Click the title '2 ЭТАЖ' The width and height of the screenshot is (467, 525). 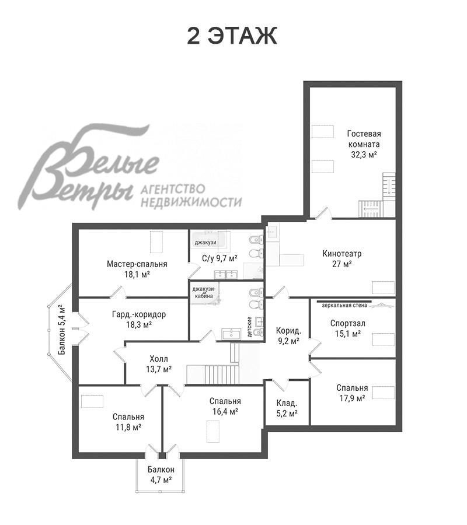click(232, 36)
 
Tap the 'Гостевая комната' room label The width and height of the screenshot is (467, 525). click(364, 139)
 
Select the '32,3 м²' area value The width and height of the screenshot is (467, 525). click(364, 155)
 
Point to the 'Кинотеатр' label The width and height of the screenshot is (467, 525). click(342, 254)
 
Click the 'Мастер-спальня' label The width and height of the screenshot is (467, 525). click(137, 264)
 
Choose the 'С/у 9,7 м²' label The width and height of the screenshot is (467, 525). click(219, 258)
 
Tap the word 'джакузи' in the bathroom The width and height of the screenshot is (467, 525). click(205, 243)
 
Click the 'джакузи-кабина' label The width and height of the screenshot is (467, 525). click(204, 292)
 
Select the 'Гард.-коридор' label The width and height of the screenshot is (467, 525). click(139, 315)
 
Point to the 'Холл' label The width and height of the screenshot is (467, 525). click(159, 359)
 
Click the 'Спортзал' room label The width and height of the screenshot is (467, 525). click(348, 323)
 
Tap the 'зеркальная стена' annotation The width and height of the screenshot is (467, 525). click(344, 305)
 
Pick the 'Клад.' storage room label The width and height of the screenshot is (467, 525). click(287, 402)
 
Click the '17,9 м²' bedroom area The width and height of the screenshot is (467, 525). click(352, 398)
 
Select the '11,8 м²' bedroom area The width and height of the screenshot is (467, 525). click(128, 427)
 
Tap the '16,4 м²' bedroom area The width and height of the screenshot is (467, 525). click(225, 411)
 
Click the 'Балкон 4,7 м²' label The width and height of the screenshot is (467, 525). click(161, 475)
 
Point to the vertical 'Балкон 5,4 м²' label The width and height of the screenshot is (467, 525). click(62, 330)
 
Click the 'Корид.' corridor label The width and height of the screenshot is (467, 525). click(288, 331)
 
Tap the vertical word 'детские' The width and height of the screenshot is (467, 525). click(249, 327)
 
